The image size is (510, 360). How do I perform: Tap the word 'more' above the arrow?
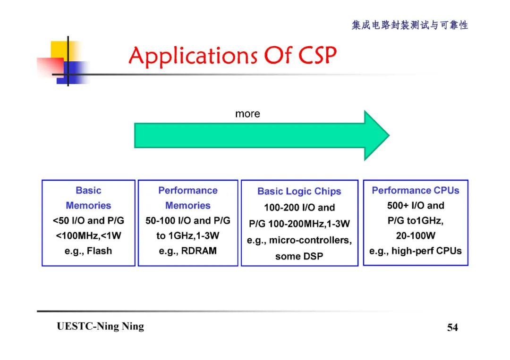pyautogui.click(x=247, y=114)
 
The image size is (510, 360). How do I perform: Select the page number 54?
pyautogui.click(x=452, y=327)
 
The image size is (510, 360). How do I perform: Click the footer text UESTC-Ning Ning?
pyautogui.click(x=100, y=327)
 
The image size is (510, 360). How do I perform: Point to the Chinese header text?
pyautogui.click(x=409, y=25)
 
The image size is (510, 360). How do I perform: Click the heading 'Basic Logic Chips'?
pyautogui.click(x=299, y=191)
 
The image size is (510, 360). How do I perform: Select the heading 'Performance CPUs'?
pyautogui.click(x=415, y=190)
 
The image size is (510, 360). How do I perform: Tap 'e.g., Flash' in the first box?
pyautogui.click(x=88, y=251)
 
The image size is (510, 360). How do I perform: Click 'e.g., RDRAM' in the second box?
pyautogui.click(x=187, y=251)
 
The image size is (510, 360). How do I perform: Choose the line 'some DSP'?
pyautogui.click(x=299, y=256)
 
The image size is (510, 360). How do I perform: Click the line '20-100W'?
pyautogui.click(x=415, y=235)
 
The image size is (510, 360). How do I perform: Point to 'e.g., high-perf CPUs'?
pyautogui.click(x=415, y=251)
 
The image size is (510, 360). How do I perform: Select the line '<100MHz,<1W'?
pyautogui.click(x=88, y=235)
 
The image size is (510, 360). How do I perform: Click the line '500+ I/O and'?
pyautogui.click(x=415, y=205)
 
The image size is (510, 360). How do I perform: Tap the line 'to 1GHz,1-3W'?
pyautogui.click(x=187, y=235)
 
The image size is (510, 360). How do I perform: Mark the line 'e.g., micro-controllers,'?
pyautogui.click(x=299, y=240)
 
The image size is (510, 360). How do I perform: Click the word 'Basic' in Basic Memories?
pyautogui.click(x=88, y=190)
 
